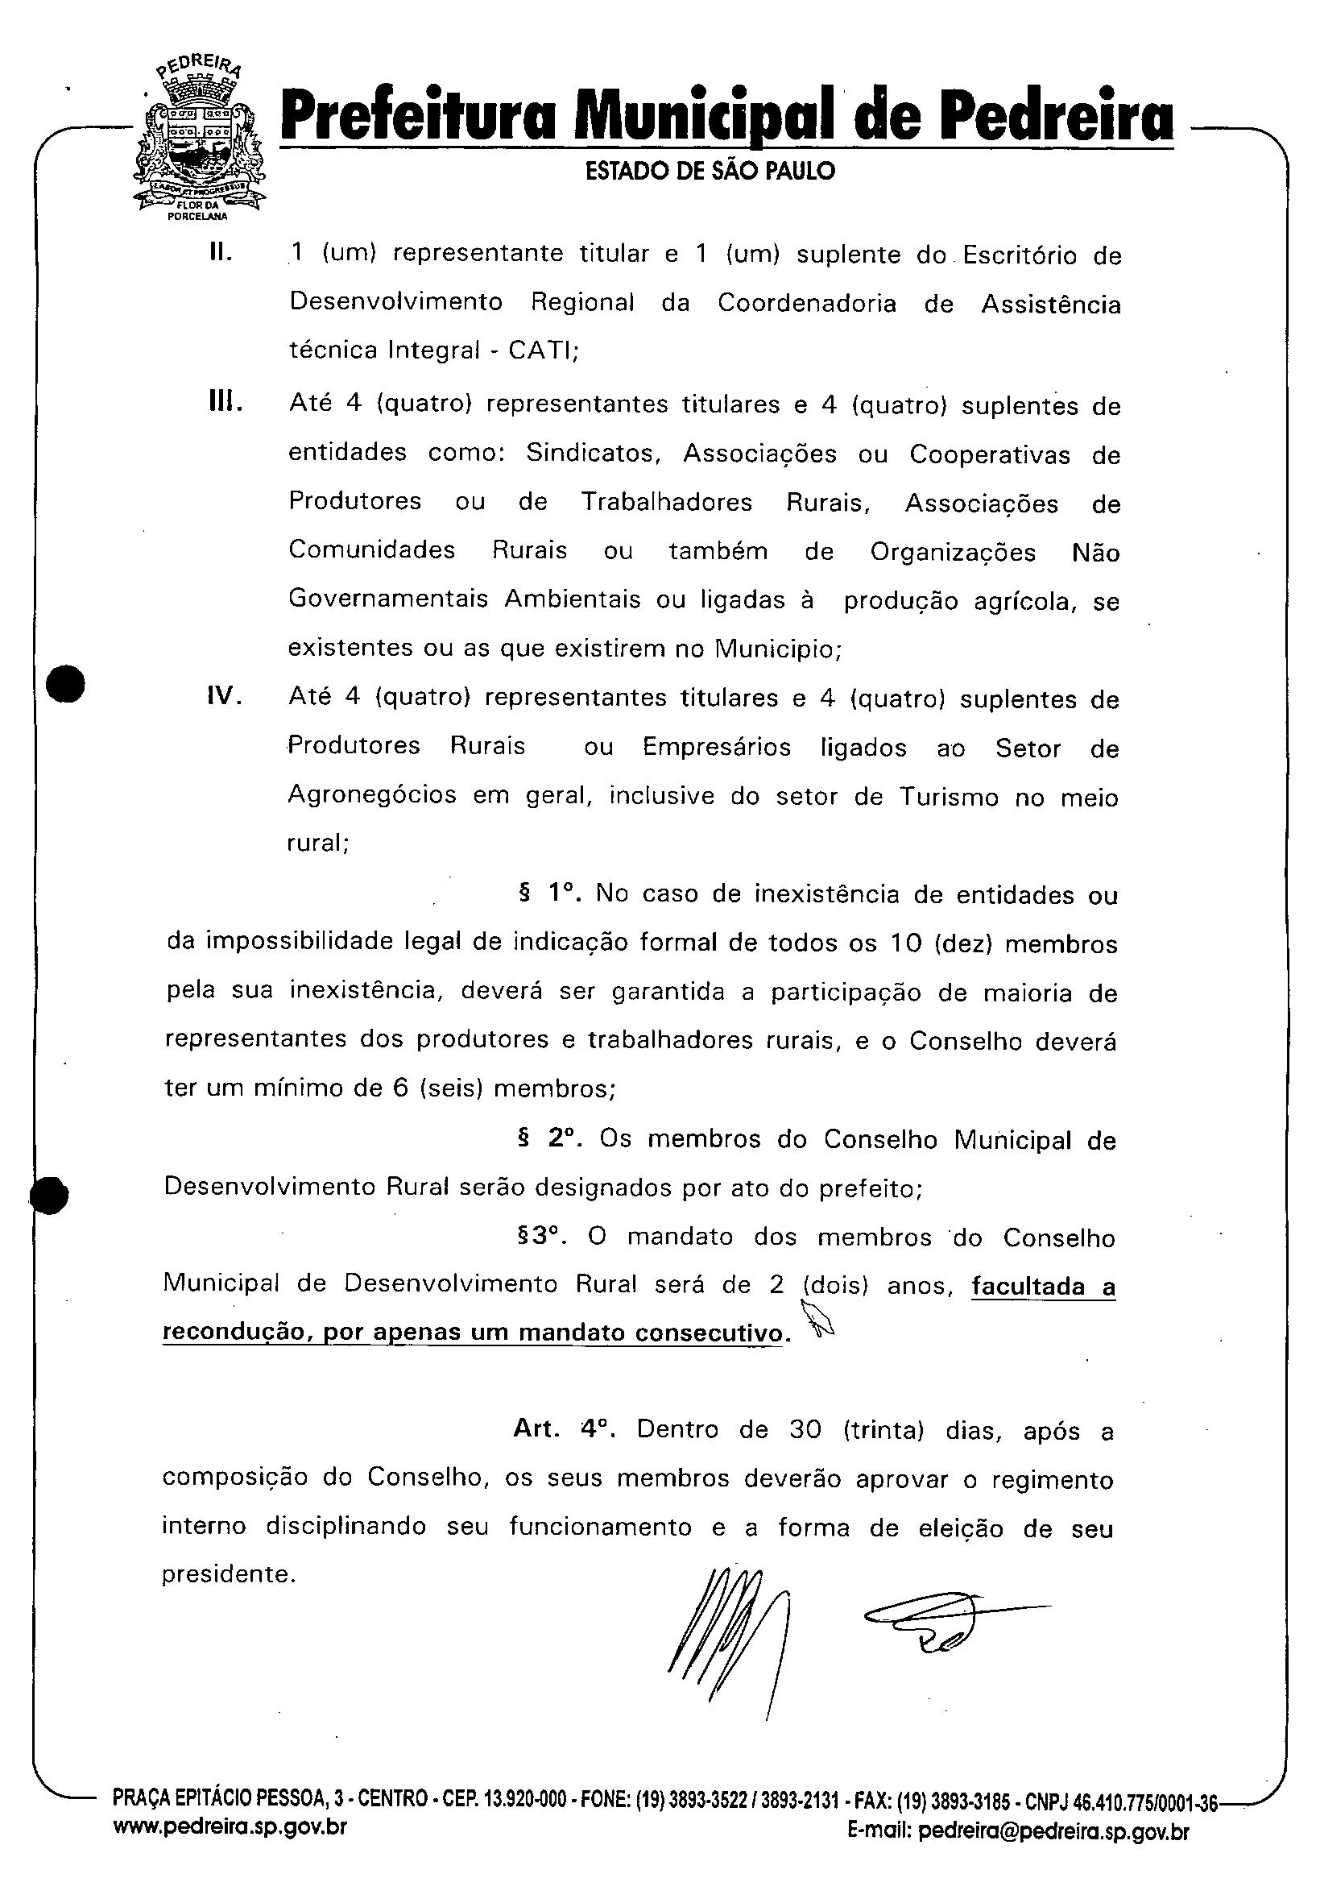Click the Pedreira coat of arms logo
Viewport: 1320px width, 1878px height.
(x=199, y=139)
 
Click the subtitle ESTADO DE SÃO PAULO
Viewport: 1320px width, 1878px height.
(x=710, y=172)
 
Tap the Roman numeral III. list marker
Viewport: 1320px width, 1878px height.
(x=226, y=404)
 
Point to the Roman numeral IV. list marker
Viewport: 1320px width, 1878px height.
(x=225, y=697)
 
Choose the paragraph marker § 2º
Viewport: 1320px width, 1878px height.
(x=549, y=1139)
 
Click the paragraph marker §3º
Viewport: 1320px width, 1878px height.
(x=543, y=1237)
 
